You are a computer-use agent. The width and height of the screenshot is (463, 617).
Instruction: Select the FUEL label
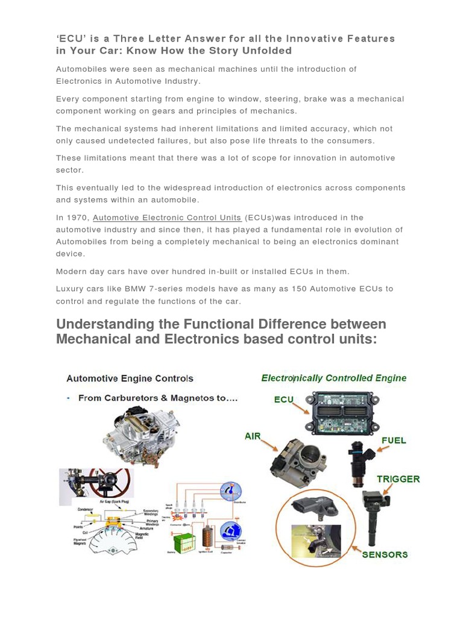[x=392, y=440]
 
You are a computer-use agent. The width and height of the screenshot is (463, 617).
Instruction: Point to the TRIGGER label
[x=398, y=480]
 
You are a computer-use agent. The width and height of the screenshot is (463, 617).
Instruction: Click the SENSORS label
[x=385, y=554]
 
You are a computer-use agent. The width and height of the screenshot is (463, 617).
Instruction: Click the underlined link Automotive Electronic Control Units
[x=167, y=218]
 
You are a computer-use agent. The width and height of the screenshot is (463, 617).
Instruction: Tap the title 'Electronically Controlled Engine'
[x=333, y=378]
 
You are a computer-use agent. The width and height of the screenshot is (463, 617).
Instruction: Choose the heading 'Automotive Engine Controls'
[x=130, y=379]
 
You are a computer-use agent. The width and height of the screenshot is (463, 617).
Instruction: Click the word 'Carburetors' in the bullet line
[x=124, y=398]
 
